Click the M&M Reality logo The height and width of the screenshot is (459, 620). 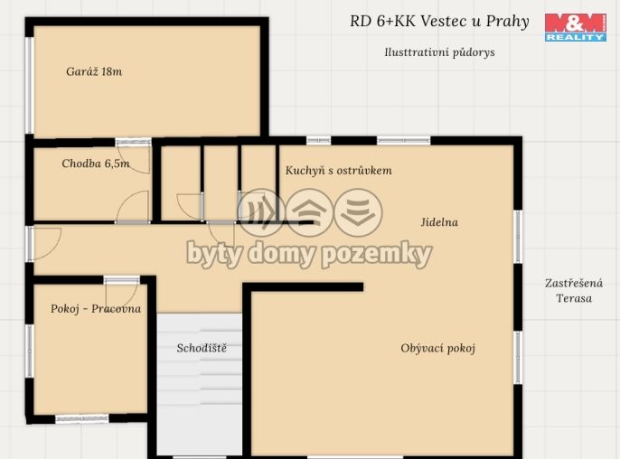coord(575,26)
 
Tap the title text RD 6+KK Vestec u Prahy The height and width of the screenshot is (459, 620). coord(439,22)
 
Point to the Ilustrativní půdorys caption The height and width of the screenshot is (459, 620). coord(439,52)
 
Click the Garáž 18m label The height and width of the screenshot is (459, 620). coord(94,71)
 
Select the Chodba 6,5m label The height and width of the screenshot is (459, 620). coord(95,164)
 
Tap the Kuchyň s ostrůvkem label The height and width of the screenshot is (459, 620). coord(339,170)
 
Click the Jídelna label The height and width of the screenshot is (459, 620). coord(439,222)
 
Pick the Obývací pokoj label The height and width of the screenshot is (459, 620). coord(437,348)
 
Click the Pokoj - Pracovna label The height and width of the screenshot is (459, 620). coord(96,309)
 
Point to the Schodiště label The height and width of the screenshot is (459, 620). coord(202,348)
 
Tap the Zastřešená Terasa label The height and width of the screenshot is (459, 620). coord(574,291)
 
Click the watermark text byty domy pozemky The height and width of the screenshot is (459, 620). coord(309,254)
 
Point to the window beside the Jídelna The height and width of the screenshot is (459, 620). coord(518,237)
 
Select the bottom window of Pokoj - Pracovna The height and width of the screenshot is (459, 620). coord(81,418)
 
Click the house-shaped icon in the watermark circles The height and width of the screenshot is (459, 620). coord(309,211)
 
